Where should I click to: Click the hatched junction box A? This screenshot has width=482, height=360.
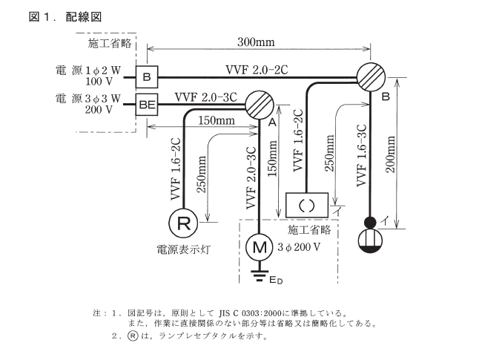259,105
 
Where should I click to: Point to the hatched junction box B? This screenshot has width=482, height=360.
372,76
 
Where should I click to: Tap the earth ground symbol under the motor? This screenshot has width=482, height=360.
259,277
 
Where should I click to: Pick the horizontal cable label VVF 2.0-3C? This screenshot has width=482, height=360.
206,96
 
